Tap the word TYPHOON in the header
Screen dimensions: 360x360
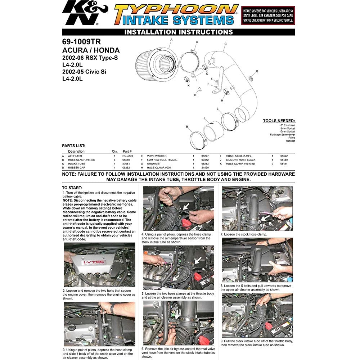coord(176,10)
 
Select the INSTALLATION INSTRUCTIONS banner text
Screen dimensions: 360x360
coord(179,32)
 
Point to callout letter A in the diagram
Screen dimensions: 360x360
coord(171,39)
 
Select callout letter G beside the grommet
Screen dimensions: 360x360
coord(257,71)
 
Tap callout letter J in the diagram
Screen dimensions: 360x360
coord(204,118)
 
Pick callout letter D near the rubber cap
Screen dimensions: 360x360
coord(195,95)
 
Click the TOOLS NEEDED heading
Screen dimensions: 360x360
coord(279,121)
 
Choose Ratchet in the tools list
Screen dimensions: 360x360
coord(291,141)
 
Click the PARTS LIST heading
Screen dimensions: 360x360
coord(73,146)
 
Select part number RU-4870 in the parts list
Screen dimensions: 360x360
coord(128,156)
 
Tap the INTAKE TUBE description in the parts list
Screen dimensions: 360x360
coord(77,163)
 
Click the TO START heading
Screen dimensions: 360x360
coord(72,188)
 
